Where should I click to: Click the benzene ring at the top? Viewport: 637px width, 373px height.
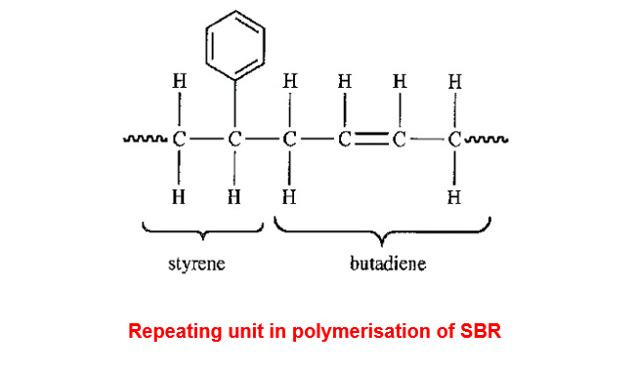tap(206, 45)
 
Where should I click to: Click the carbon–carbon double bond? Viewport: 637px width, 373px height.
tap(371, 140)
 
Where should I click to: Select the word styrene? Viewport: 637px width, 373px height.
tap(196, 265)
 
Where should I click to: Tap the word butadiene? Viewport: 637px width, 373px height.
tap(388, 264)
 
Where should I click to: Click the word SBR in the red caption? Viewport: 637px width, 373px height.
tap(481, 331)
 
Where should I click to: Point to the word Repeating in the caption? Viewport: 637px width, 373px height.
tap(176, 332)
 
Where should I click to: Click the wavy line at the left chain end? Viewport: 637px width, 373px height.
tap(145, 140)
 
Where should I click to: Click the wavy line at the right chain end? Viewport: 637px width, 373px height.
tap(486, 140)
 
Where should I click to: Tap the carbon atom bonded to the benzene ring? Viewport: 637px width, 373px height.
tap(234, 140)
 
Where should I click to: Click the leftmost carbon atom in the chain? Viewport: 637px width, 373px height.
tap(179, 140)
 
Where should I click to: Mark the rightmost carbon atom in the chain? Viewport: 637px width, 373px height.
tap(454, 140)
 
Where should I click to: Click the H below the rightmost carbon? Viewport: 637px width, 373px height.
tap(454, 197)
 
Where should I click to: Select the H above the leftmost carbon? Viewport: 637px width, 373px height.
tap(179, 81)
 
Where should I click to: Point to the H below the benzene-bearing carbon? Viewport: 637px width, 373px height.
tap(234, 197)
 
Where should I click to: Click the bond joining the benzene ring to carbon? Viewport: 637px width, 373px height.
tap(234, 104)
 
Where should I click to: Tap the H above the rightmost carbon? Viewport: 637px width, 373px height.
tap(455, 82)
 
